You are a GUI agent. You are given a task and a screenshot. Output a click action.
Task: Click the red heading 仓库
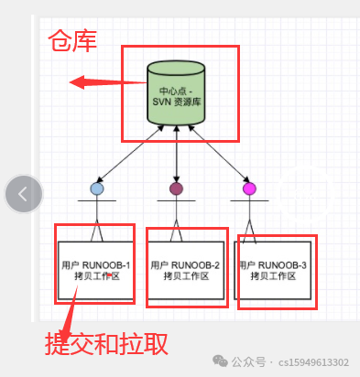[71, 41]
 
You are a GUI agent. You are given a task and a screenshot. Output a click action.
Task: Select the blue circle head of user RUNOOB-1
[97, 188]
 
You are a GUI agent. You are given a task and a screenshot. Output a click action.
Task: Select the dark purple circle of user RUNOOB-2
[176, 188]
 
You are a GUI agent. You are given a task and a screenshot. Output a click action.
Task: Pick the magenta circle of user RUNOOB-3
[249, 188]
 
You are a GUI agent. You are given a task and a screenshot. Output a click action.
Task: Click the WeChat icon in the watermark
[221, 362]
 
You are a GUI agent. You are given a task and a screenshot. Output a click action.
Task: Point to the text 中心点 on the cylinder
[172, 91]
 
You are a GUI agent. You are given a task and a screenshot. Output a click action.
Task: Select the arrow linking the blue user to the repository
[130, 156]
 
